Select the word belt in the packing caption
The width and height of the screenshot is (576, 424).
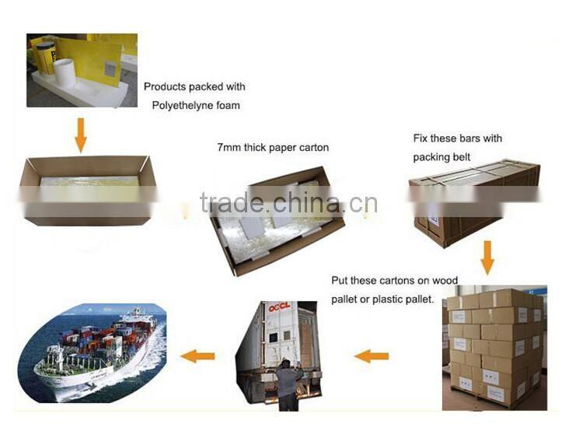click(462, 157)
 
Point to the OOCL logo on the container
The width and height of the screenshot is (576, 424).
click(279, 307)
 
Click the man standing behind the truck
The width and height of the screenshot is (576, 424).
click(289, 385)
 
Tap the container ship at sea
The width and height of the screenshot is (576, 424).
click(96, 351)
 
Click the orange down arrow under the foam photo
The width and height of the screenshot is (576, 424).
click(81, 135)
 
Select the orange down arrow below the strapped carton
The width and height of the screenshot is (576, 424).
click(487, 258)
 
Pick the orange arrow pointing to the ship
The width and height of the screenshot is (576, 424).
click(197, 356)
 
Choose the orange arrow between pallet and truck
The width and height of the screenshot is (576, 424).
click(372, 356)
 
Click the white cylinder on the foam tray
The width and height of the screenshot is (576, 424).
click(65, 73)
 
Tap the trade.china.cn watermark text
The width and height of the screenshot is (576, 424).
click(289, 202)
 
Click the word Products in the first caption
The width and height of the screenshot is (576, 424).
click(165, 87)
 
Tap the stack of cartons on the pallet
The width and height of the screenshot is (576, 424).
click(494, 347)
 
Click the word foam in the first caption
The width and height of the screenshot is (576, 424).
click(228, 106)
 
